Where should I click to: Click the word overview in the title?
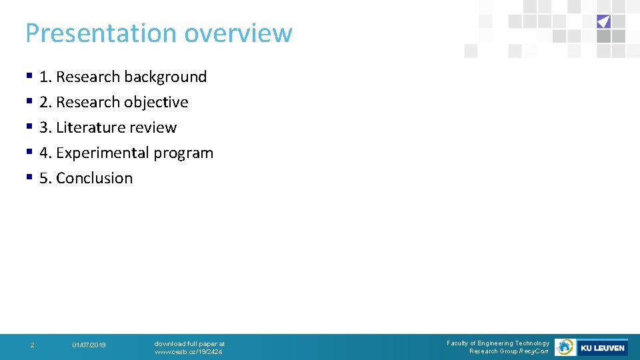click(x=238, y=33)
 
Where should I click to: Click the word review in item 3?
click(x=154, y=127)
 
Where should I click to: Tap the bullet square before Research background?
click(x=29, y=76)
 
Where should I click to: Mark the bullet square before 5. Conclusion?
click(x=29, y=177)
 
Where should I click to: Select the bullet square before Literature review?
click(x=29, y=127)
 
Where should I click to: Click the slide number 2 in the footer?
click(x=32, y=345)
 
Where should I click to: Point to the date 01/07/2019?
click(x=89, y=345)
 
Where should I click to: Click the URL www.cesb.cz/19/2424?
click(x=188, y=351)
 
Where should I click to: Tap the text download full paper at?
click(x=189, y=343)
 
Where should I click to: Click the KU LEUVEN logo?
click(x=602, y=347)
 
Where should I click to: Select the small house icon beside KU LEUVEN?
click(x=565, y=347)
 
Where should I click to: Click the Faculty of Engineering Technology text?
click(x=498, y=343)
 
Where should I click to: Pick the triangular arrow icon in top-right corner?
click(x=603, y=21)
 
